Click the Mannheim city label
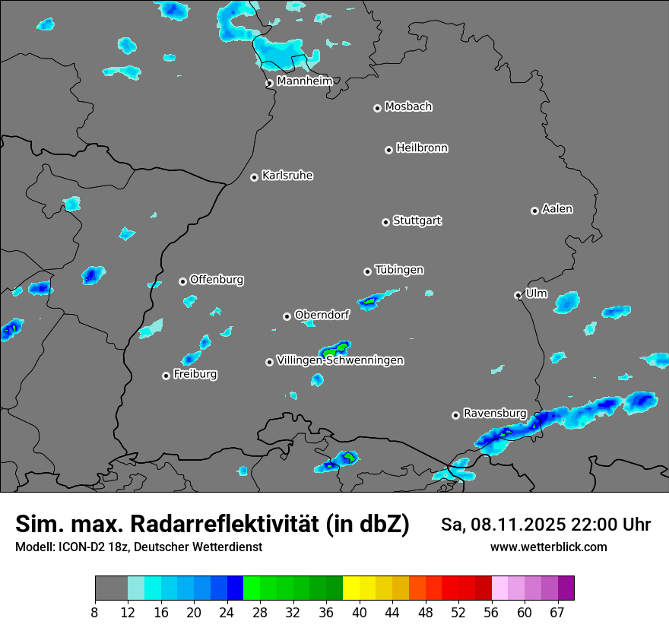point(304,81)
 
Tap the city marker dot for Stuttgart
point(385,222)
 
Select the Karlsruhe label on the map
point(287,176)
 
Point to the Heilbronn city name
point(422,148)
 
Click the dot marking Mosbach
point(377,108)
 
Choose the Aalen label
point(557,209)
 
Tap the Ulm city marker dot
point(518,295)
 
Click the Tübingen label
point(399,270)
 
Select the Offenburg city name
point(217,280)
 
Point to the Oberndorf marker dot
point(287,316)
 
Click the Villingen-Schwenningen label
point(340,360)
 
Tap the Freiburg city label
point(195,374)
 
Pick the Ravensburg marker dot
point(455,415)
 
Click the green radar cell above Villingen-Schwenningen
point(333,351)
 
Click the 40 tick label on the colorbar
point(359,613)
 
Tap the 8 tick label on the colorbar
point(95,613)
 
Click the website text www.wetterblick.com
point(548,547)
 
